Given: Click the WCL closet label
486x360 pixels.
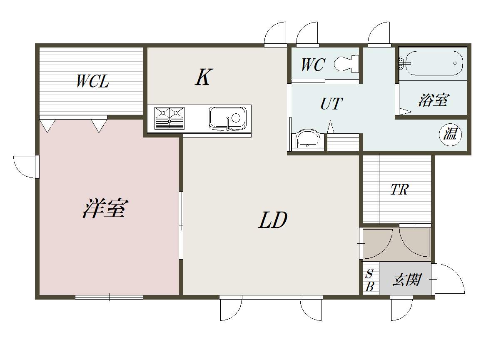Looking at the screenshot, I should pyautogui.click(x=92, y=81).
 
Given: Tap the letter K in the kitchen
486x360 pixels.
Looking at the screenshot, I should pyautogui.click(x=203, y=77).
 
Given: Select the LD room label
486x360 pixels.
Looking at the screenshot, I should pyautogui.click(x=273, y=220).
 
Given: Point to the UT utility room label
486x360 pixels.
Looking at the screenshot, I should pyautogui.click(x=331, y=103).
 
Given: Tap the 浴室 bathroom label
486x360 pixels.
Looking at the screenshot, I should pyautogui.click(x=433, y=100).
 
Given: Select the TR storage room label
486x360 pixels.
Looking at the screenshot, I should pyautogui.click(x=399, y=190).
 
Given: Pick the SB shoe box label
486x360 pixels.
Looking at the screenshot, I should pyautogui.click(x=370, y=280).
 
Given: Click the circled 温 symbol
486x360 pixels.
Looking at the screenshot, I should pyautogui.click(x=450, y=134).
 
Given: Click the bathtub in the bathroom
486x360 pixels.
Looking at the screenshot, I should pyautogui.click(x=433, y=63).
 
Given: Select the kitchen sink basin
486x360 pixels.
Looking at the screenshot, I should pyautogui.click(x=227, y=118).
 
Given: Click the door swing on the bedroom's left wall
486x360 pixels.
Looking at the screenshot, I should pyautogui.click(x=25, y=167).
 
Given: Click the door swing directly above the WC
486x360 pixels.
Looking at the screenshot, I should pyautogui.click(x=307, y=34).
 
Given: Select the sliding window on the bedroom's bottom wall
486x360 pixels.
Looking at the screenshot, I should pyautogui.click(x=109, y=297).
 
